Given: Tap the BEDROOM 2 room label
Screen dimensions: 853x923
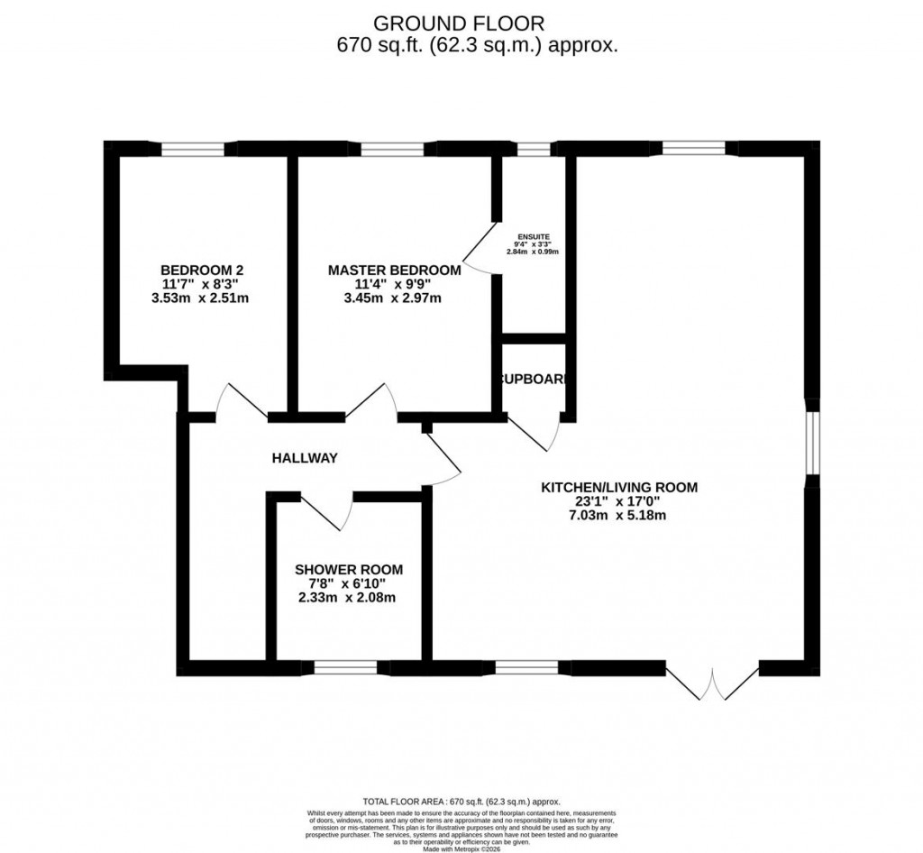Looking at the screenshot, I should (x=202, y=270).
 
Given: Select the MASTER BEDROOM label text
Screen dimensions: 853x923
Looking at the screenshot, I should (x=394, y=270).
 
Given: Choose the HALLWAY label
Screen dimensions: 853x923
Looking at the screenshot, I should (x=305, y=458).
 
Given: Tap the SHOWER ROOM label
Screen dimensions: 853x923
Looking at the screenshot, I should (x=349, y=570).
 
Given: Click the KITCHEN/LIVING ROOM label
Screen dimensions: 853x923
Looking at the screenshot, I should (x=619, y=488).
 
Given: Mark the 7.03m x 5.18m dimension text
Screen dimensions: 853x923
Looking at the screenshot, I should (x=619, y=515).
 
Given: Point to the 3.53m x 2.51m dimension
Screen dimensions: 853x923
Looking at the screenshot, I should (x=202, y=298).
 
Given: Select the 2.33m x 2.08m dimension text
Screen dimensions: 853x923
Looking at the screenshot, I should (x=349, y=597).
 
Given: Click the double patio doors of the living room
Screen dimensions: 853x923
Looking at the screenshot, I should (x=713, y=683).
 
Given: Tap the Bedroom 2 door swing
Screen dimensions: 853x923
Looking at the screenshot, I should (x=235, y=401).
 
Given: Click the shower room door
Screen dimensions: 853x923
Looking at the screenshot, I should (x=328, y=510).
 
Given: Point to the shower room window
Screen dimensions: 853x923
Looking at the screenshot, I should (x=344, y=668).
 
